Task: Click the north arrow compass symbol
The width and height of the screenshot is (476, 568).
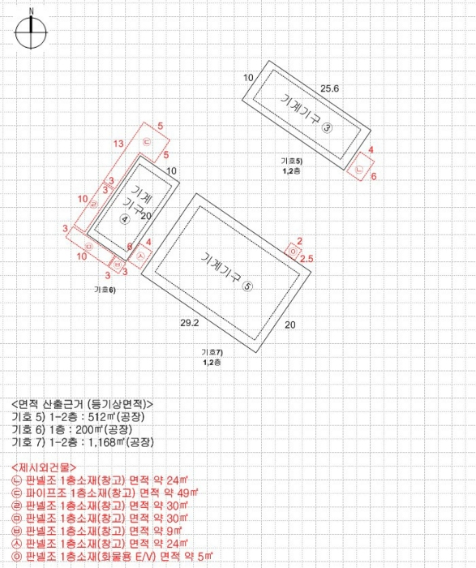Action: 31,32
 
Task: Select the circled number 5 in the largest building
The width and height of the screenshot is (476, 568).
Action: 248,285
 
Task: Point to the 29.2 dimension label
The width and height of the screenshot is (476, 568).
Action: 189,323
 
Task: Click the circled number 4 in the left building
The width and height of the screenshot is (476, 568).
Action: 125,219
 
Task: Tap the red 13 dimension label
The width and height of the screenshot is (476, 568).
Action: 118,144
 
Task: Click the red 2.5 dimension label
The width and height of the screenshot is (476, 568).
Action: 307,259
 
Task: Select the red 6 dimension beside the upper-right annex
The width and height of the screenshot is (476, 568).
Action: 374,176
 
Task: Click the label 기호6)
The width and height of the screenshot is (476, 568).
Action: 105,289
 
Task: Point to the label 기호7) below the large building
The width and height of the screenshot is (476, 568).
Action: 212,353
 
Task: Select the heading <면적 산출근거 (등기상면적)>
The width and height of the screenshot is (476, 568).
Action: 82,404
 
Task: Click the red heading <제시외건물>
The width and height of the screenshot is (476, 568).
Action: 45,468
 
